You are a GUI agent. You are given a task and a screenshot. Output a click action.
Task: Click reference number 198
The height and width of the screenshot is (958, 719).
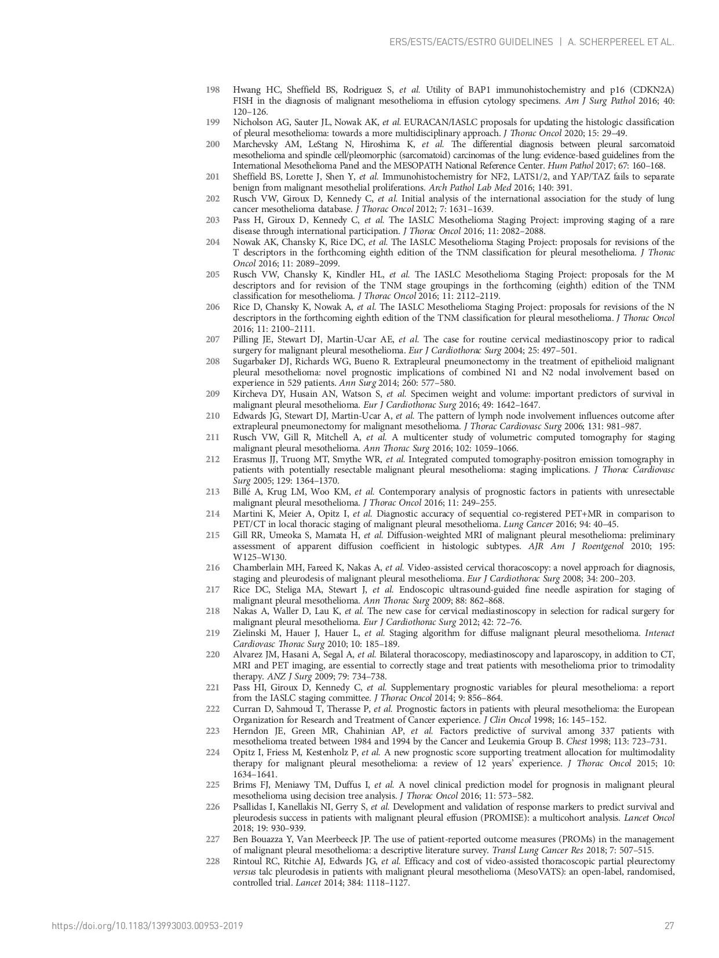213,90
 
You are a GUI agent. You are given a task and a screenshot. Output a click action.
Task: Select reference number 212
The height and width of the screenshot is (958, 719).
213,459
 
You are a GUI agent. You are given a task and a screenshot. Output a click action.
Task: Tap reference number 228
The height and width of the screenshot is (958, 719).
213,861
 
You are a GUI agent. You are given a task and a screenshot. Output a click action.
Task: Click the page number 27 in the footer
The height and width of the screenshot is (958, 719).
669,926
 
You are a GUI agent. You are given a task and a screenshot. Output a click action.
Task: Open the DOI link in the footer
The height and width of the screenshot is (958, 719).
147,926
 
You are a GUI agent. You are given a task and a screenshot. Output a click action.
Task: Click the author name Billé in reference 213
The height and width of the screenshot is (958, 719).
243,492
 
